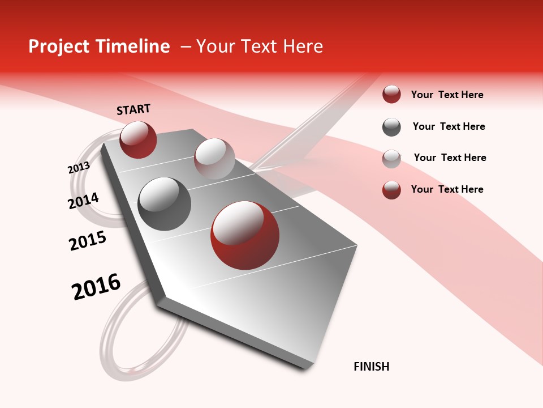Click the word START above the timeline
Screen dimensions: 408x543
[133, 109]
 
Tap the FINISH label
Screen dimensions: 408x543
[372, 367]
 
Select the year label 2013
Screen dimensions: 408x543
[79, 168]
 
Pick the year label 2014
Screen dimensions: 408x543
[83, 201]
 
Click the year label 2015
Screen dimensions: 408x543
[88, 241]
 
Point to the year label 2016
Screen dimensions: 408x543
[96, 287]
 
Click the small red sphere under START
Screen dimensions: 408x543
[138, 139]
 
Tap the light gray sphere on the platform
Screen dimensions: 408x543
[214, 158]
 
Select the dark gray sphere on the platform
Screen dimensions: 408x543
[165, 204]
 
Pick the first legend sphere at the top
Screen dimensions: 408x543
[391, 95]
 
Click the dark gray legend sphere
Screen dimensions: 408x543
[391, 127]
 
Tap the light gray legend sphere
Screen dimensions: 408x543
[391, 159]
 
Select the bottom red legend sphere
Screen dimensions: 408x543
[391, 190]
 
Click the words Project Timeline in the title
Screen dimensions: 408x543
[99, 46]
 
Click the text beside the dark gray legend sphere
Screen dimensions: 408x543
[449, 126]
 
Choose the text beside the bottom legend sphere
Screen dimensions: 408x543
[447, 189]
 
